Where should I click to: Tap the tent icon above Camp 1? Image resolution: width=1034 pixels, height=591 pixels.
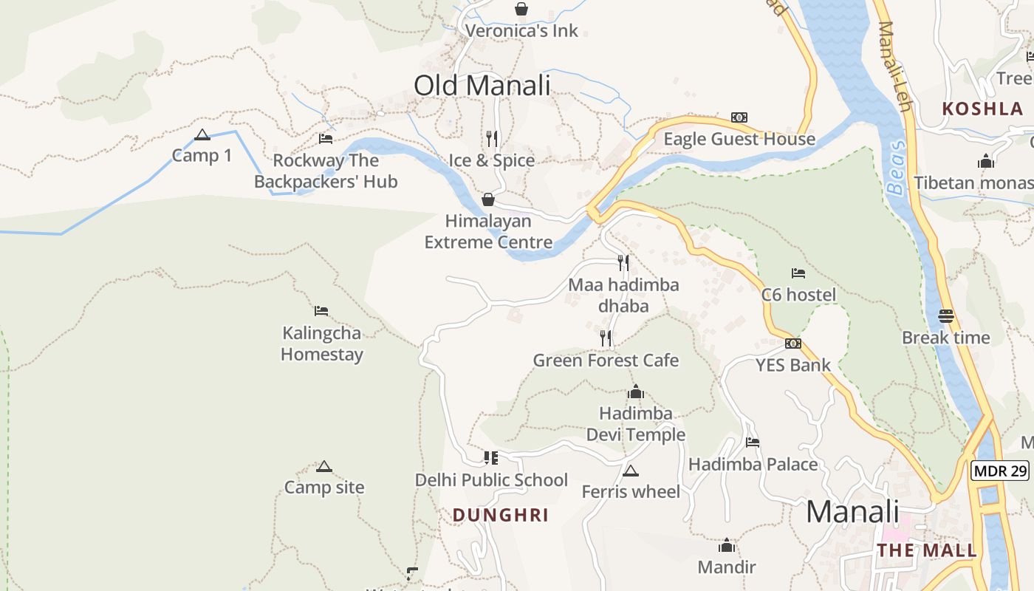click(x=202, y=135)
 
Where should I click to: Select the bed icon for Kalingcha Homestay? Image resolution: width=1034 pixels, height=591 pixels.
click(x=321, y=311)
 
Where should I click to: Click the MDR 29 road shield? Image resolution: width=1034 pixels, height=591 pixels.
click(x=1000, y=471)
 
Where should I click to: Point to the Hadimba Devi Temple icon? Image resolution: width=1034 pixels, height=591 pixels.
click(x=635, y=392)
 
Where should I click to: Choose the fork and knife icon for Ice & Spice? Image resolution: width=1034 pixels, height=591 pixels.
click(x=492, y=139)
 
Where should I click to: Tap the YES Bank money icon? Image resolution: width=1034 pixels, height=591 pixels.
click(x=792, y=344)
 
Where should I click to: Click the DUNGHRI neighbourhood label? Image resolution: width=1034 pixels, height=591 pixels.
click(x=501, y=515)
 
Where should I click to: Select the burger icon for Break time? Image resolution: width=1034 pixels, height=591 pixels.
click(x=946, y=316)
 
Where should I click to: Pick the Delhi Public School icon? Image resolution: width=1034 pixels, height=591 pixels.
click(x=491, y=458)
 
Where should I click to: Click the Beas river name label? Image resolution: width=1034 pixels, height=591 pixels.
click(x=896, y=168)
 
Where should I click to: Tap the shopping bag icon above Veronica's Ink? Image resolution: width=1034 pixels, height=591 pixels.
click(x=521, y=9)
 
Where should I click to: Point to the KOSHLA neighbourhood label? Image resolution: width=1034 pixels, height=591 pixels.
click(x=982, y=109)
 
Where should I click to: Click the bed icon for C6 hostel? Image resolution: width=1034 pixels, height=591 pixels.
click(x=798, y=273)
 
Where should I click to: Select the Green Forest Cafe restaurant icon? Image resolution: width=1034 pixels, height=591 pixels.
click(x=606, y=338)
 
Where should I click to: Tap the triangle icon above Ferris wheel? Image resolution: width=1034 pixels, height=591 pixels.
click(x=630, y=471)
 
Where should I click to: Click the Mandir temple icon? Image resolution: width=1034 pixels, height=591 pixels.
click(x=727, y=546)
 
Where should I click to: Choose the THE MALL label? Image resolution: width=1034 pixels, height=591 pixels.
click(x=927, y=550)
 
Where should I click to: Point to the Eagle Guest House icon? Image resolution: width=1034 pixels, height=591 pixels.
click(x=739, y=117)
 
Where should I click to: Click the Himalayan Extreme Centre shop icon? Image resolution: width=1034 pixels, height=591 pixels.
click(x=487, y=199)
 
